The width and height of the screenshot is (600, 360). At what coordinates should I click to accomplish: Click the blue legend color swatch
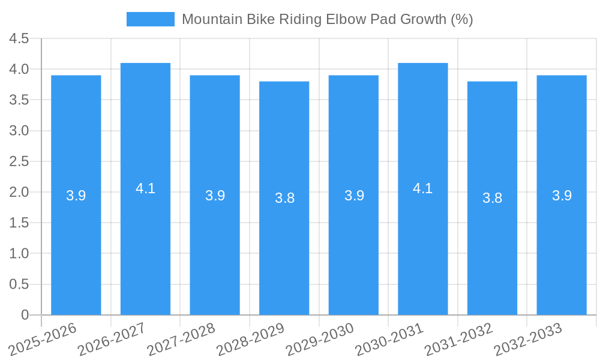[x=150, y=19]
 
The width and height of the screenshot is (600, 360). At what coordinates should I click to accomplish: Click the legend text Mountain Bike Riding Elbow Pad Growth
[x=327, y=19]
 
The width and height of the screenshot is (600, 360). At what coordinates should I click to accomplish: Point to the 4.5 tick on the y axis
[x=19, y=39]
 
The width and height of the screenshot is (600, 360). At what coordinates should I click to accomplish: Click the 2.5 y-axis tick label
[x=19, y=161]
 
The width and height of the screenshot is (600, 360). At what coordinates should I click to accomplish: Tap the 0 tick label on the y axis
[x=25, y=315]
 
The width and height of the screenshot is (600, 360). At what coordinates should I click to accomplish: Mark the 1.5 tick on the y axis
[x=19, y=223]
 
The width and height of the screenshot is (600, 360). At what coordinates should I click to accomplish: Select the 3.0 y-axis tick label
[x=19, y=131]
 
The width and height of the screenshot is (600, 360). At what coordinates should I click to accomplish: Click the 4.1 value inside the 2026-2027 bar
[x=145, y=188]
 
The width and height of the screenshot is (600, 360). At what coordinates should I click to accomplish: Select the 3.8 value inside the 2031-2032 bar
[x=492, y=198]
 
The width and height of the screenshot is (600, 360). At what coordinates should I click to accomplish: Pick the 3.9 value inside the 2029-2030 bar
[x=354, y=196]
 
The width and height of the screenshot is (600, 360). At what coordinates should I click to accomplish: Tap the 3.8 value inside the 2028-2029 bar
[x=284, y=198]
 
